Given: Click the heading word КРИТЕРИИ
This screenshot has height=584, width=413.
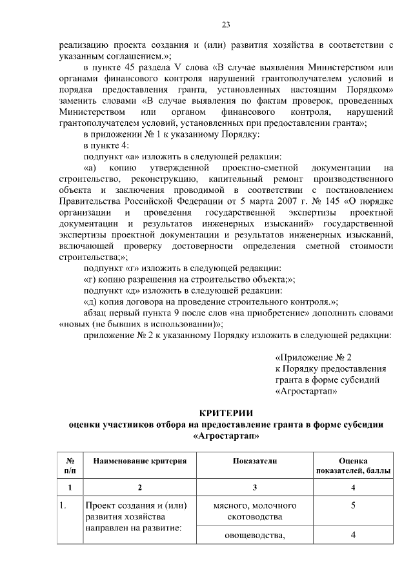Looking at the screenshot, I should click(226, 413).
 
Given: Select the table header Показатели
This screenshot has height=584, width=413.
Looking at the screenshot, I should click(255, 461).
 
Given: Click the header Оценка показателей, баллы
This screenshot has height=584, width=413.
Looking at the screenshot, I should click(353, 466).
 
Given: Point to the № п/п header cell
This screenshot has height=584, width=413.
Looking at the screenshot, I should click(70, 466).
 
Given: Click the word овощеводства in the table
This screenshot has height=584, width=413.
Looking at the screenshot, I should click(255, 535).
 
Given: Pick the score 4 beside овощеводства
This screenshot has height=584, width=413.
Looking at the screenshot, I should click(353, 535).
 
